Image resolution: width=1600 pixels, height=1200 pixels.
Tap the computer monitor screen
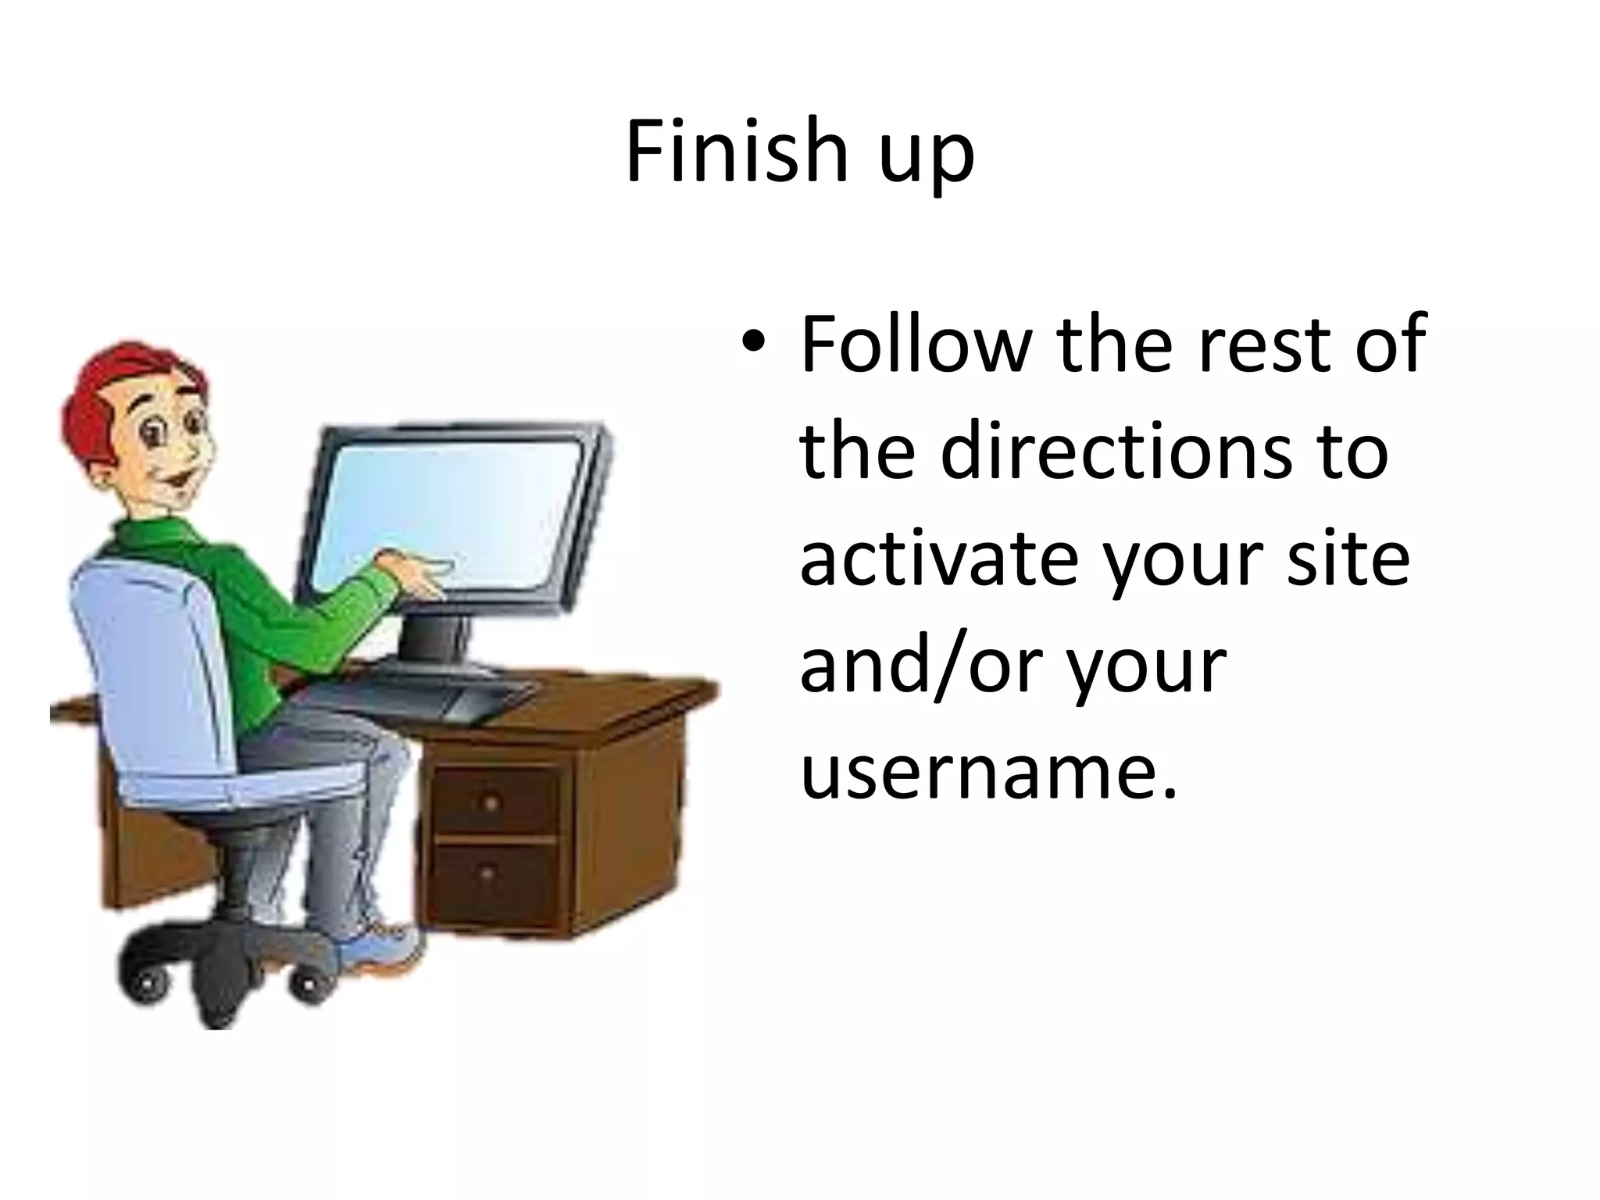(453, 508)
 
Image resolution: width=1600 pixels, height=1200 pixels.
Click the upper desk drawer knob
(491, 802)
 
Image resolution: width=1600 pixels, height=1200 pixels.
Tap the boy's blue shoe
(383, 949)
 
